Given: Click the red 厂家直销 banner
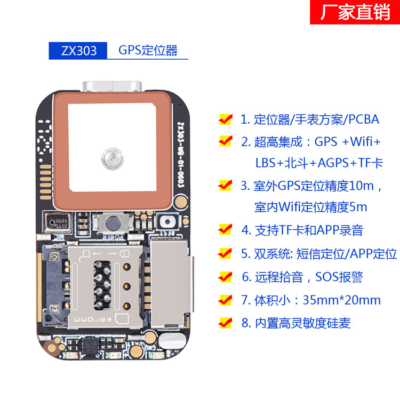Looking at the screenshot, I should pos(355,13).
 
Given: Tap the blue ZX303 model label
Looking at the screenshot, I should pos(78,51).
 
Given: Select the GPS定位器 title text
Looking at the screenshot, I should pos(148,51).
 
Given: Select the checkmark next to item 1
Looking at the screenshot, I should pos(226,119).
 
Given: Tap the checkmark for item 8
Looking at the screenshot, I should pos(226,322).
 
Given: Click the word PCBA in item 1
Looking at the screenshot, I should pos(364,119).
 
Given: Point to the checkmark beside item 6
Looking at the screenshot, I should pos(226,276).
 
